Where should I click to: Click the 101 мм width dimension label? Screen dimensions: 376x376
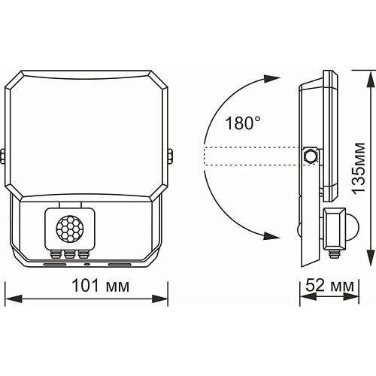(x=101, y=286)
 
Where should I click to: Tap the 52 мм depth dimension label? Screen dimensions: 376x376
(x=329, y=285)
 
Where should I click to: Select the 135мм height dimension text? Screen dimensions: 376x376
(x=358, y=168)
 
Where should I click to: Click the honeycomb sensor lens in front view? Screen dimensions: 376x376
(x=68, y=229)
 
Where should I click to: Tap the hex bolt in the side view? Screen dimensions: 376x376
(x=311, y=156)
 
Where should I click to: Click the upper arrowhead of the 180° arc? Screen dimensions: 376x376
(x=271, y=79)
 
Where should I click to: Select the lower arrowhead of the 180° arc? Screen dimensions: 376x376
(x=271, y=236)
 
